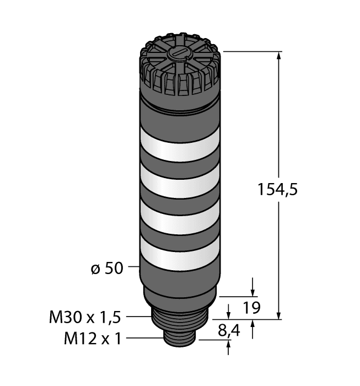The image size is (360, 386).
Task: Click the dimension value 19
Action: pos(252,308)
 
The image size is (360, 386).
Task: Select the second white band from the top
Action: pos(180,181)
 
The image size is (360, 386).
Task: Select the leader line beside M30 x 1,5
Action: pos(139,317)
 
